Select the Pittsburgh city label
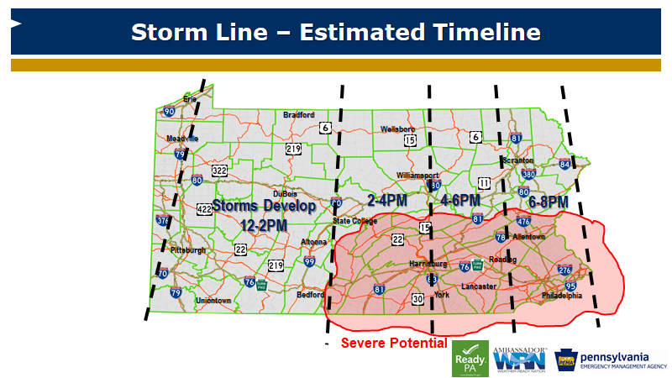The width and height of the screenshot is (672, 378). [x=187, y=250]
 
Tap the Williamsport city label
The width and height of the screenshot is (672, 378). [x=418, y=175]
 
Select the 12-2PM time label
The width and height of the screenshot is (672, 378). [x=263, y=226]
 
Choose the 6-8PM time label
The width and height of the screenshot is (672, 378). [x=549, y=202]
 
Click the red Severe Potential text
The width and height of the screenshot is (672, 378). [x=393, y=344]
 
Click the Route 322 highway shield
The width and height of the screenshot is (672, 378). [x=220, y=171]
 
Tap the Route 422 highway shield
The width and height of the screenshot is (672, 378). [x=204, y=209]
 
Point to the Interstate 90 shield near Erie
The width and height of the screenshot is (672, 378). [x=169, y=112]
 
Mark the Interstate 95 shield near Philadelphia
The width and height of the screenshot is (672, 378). [x=571, y=286]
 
